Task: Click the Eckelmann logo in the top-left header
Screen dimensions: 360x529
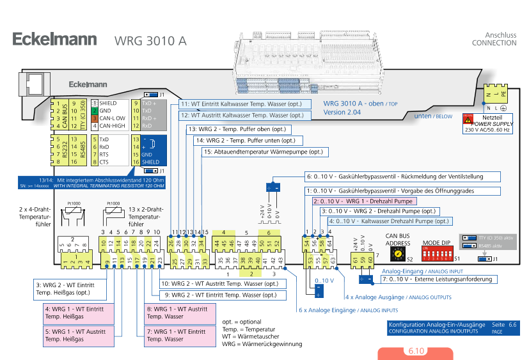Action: [x=55, y=40]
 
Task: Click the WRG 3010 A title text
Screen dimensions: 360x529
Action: [x=150, y=41]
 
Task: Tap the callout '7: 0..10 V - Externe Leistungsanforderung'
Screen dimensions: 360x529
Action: [x=438, y=279]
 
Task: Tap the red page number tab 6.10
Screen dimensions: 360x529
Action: [x=416, y=352]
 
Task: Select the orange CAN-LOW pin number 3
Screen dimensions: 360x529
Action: [x=93, y=118]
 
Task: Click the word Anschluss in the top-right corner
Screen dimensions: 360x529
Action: [x=501, y=35]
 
